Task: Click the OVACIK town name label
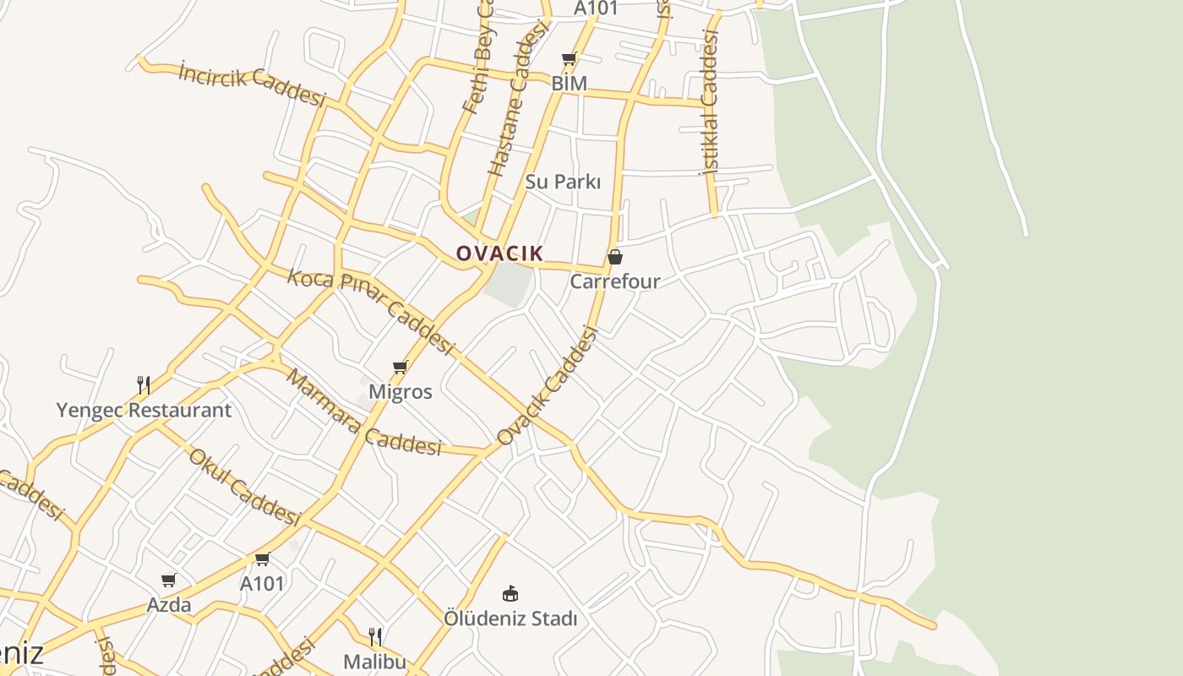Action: (499, 253)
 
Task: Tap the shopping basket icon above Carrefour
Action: (615, 257)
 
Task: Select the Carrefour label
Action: (615, 281)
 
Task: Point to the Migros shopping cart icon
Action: (401, 368)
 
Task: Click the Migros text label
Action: (401, 392)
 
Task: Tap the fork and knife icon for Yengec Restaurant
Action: (144, 386)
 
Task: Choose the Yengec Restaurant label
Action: (144, 411)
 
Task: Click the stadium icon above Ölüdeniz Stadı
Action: (510, 593)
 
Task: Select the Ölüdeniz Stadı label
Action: (510, 619)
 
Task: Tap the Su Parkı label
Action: (563, 182)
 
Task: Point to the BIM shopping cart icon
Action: (570, 59)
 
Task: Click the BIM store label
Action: (570, 84)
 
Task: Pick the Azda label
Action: (169, 605)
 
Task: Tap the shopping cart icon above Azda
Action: (169, 581)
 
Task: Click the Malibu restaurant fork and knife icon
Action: (375, 636)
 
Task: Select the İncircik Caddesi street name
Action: (252, 84)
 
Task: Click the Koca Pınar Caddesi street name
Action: (372, 311)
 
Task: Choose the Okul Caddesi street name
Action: (244, 486)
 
